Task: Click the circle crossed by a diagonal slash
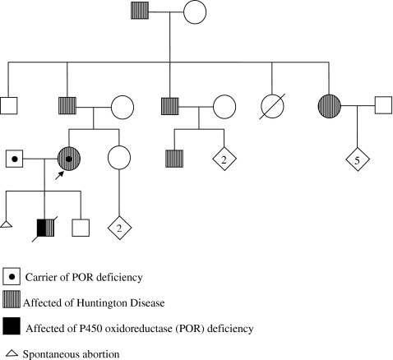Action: pos(273,106)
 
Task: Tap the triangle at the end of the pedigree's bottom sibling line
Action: pos(6,224)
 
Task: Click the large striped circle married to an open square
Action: pos(330,106)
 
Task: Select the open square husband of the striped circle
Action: pos(381,106)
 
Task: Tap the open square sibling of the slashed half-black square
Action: pos(80,229)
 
